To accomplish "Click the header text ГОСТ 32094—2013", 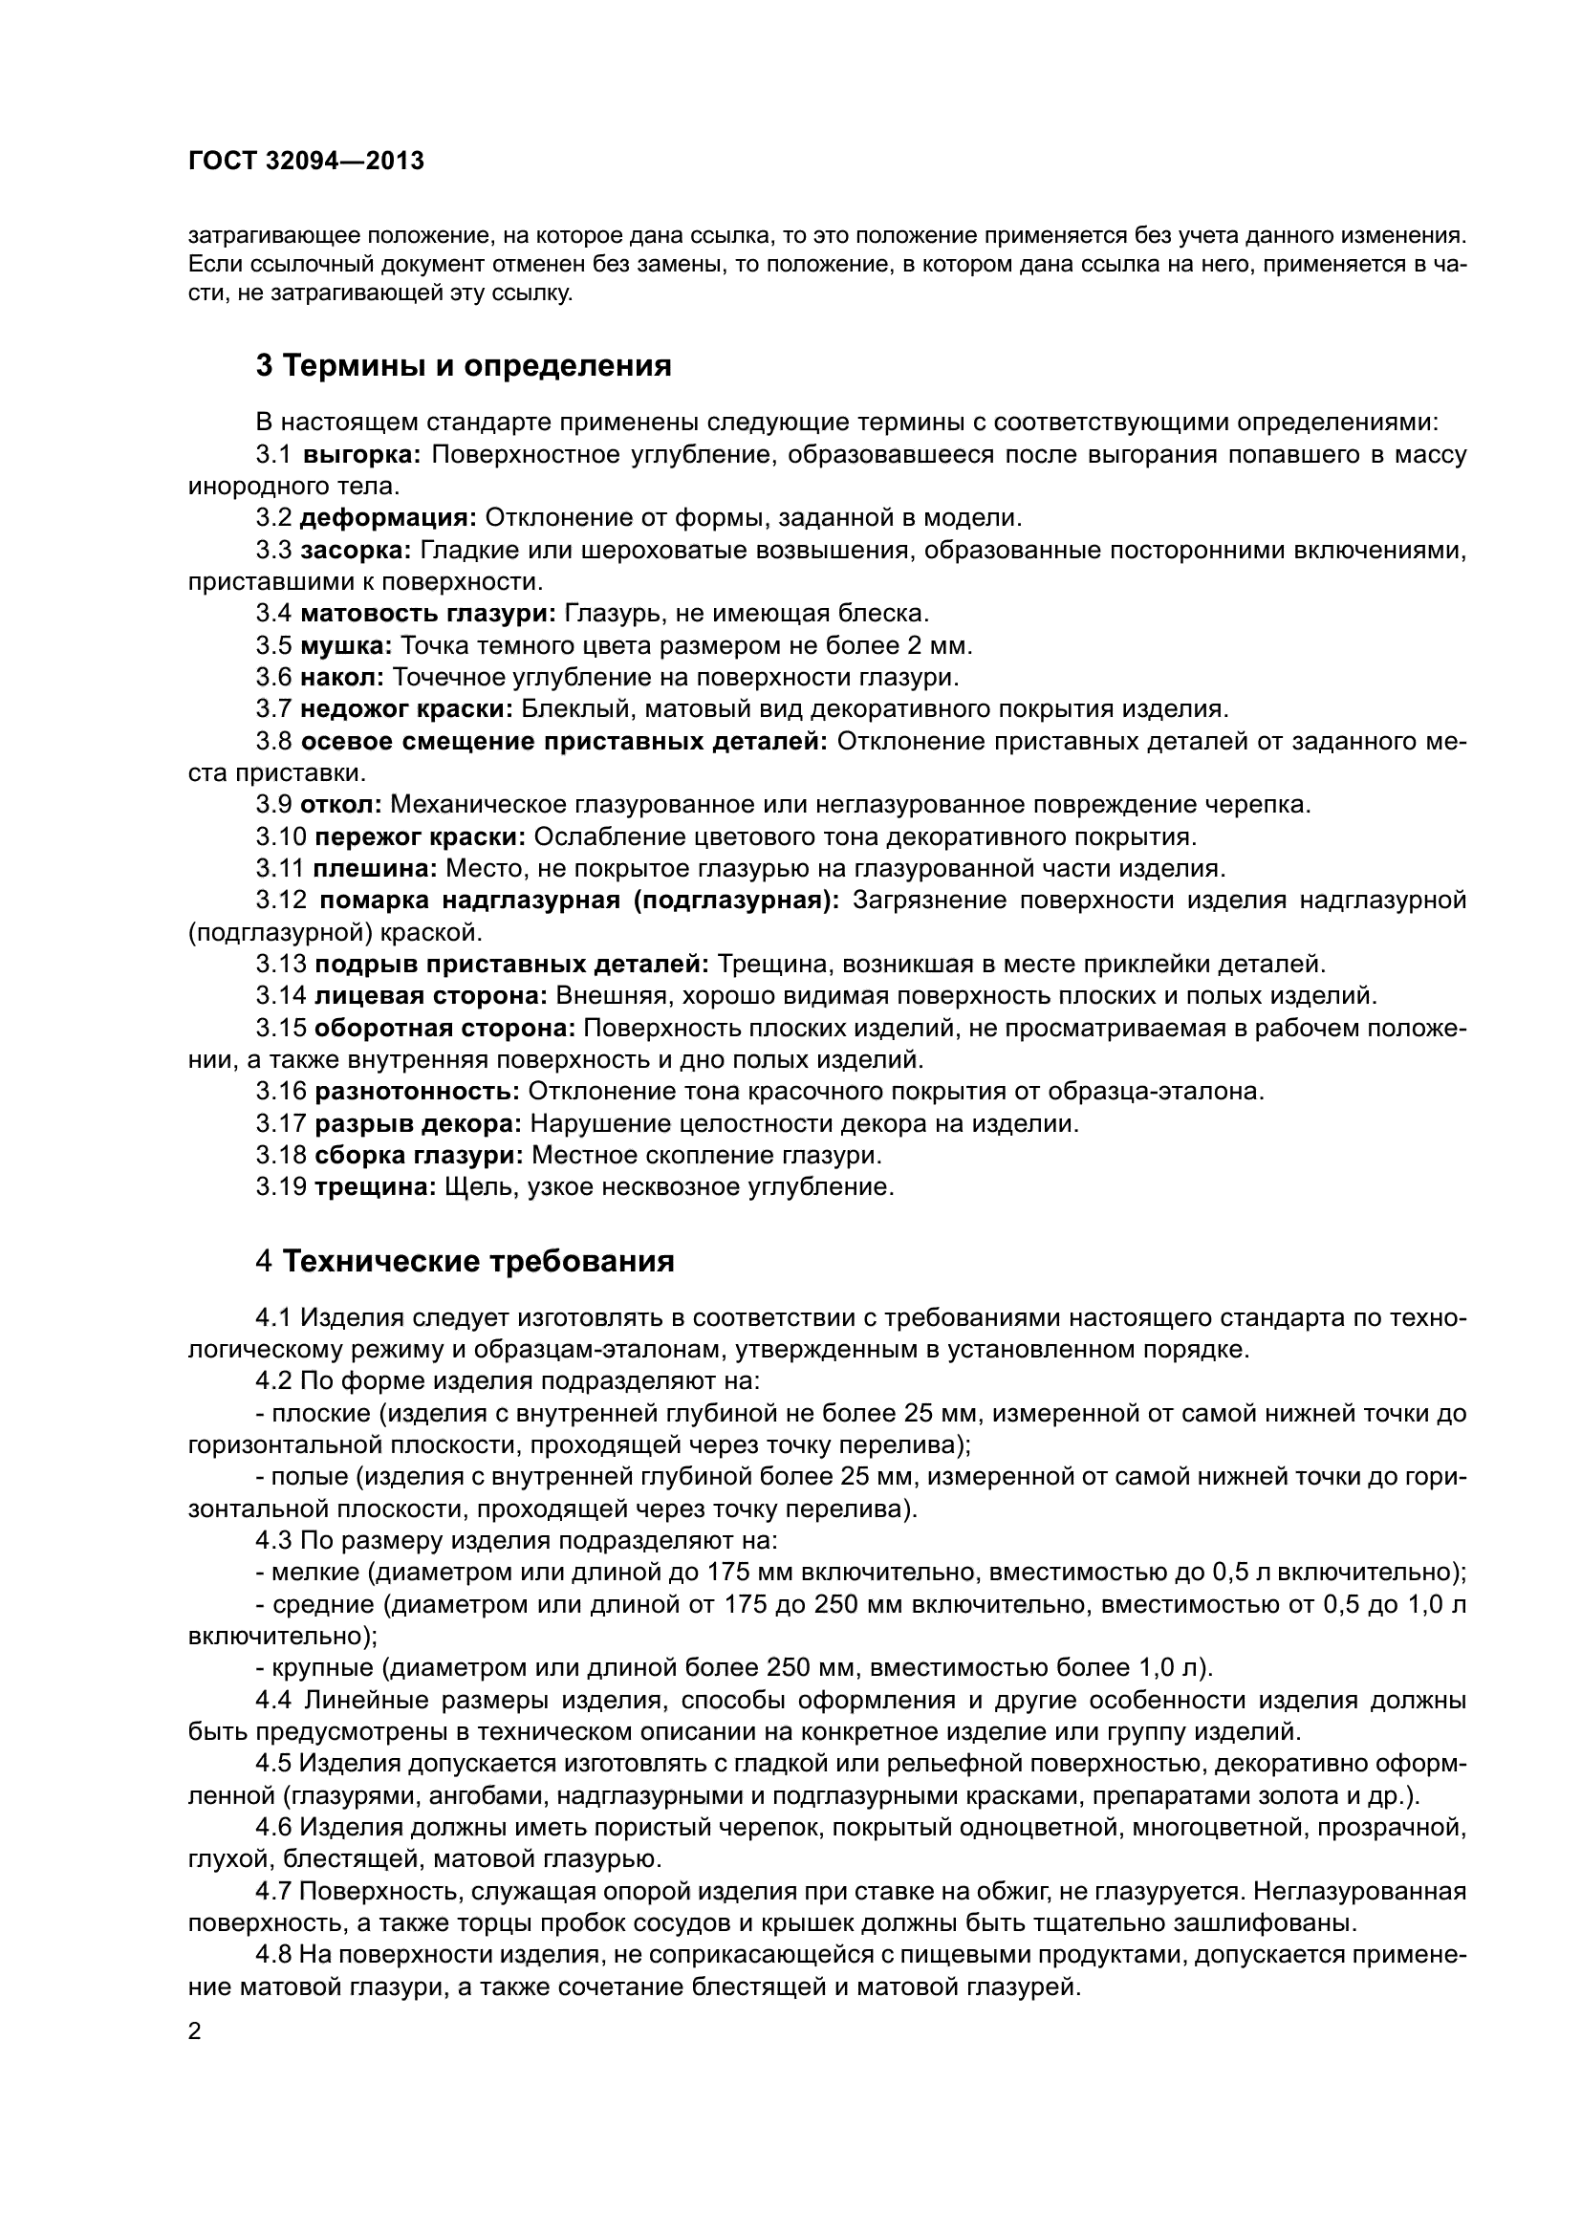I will [306, 162].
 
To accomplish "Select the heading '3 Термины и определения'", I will [464, 366].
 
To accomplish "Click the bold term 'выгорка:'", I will [361, 455].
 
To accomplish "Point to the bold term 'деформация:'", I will [387, 518].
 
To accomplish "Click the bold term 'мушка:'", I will [346, 645].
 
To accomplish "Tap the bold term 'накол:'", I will [343, 677].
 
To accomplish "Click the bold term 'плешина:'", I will [376, 868].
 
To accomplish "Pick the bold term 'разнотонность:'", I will [417, 1092].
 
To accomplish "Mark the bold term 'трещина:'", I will [375, 1187].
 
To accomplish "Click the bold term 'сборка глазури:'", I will [419, 1155].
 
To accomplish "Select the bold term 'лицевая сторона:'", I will [430, 995].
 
